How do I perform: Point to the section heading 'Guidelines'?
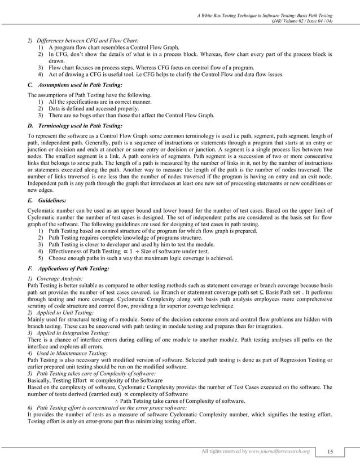(x=44, y=200)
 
